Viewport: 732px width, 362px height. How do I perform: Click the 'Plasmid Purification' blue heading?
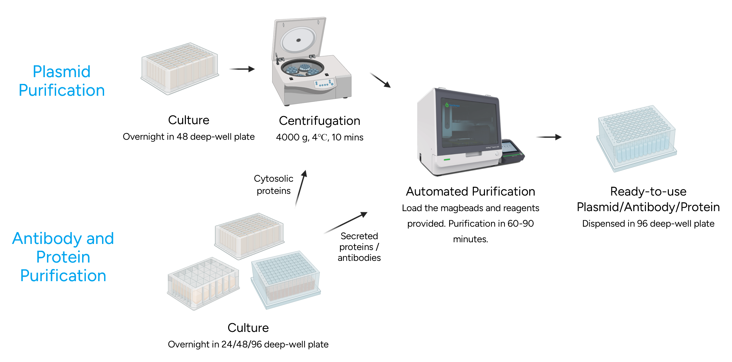point(62,81)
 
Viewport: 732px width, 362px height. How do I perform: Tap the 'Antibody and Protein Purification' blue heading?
point(63,257)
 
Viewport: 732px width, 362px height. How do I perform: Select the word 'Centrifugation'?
point(319,121)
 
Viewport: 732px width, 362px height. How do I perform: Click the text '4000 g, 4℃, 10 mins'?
point(319,137)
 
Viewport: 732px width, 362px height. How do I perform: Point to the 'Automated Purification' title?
point(470,191)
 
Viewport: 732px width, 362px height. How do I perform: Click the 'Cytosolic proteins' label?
point(273,185)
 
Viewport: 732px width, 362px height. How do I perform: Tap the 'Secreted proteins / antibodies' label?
point(359,247)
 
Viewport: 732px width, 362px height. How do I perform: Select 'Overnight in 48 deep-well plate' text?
point(189,137)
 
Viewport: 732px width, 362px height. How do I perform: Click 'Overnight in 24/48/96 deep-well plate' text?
point(248,344)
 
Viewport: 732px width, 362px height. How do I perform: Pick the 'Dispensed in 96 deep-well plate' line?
point(648,224)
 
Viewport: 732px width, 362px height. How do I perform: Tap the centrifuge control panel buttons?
point(324,83)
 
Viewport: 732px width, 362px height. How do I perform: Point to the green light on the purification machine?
point(447,159)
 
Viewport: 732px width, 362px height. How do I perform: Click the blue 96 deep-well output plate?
point(637,139)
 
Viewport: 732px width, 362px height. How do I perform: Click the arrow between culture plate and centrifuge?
point(241,70)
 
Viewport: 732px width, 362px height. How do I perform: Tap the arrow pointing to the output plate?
point(548,137)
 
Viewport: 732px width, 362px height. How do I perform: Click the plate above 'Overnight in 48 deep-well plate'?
point(179,68)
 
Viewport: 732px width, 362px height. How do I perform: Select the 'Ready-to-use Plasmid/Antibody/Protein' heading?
point(648,199)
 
